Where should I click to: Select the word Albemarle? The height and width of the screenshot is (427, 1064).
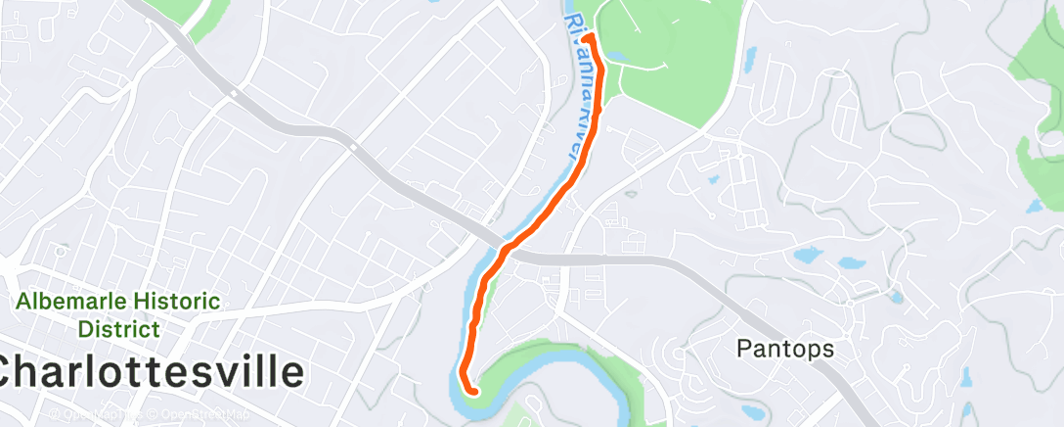[x=73, y=302]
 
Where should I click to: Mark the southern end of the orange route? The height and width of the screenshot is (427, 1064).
[x=474, y=392]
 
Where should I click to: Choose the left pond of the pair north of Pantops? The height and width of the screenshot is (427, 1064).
[x=808, y=256]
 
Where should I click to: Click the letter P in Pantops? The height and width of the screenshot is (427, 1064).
[x=744, y=348]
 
